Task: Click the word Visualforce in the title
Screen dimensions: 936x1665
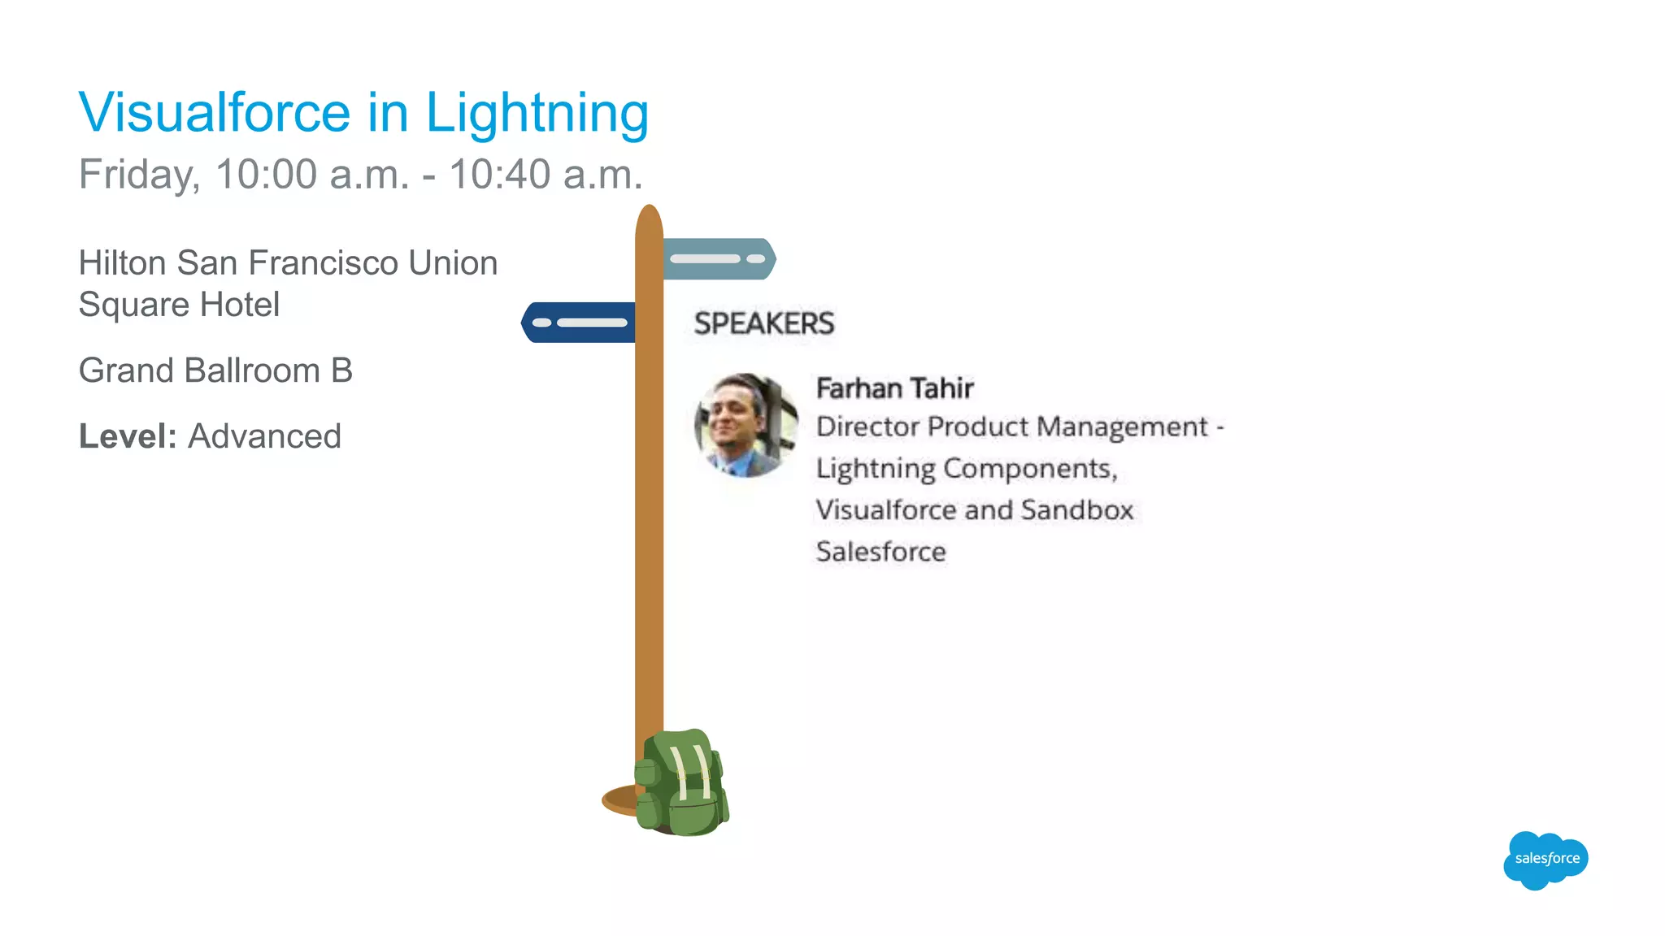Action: click(x=215, y=112)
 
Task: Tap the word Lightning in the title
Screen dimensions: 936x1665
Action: click(x=537, y=114)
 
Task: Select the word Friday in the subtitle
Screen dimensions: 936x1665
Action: click(x=138, y=175)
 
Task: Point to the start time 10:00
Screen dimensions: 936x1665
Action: click(x=266, y=174)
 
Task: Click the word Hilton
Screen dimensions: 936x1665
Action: click(x=122, y=263)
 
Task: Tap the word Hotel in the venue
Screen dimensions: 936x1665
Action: click(x=240, y=305)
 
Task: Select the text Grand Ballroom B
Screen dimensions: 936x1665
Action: click(x=215, y=370)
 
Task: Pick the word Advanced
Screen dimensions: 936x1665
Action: click(x=264, y=436)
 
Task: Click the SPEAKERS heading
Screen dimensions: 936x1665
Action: click(x=763, y=323)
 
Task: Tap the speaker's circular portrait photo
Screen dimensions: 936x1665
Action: click(x=746, y=424)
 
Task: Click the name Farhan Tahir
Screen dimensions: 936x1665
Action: click(x=894, y=388)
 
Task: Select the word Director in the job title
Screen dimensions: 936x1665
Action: click(x=867, y=427)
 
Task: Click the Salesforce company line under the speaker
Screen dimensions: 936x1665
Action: click(x=880, y=552)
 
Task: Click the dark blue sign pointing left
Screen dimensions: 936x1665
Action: click(x=578, y=323)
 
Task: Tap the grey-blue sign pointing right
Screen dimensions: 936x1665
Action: click(x=719, y=259)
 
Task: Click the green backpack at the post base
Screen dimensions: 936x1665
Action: click(x=681, y=783)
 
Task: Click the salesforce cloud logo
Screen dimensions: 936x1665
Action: click(x=1546, y=859)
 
